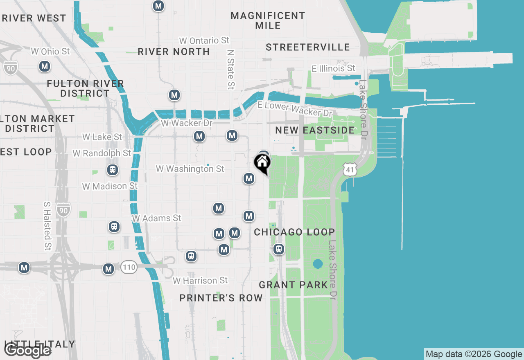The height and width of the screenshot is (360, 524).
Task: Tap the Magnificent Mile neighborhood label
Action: click(x=268, y=20)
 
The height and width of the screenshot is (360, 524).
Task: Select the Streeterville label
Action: click(x=308, y=47)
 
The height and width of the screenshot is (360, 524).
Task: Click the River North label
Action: click(x=174, y=52)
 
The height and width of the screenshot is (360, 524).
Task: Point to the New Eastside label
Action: click(x=315, y=130)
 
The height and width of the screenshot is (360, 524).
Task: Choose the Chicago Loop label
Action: click(x=294, y=232)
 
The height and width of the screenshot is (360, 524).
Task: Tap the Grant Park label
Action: click(x=294, y=285)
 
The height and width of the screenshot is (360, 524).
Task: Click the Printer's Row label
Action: click(x=221, y=298)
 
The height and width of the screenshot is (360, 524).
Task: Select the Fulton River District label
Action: click(x=85, y=88)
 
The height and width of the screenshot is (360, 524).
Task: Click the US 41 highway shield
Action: click(x=349, y=169)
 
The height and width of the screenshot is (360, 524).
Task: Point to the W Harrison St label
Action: click(x=200, y=281)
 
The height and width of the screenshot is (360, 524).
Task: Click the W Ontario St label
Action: click(x=204, y=40)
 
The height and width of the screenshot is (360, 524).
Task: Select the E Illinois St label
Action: click(x=334, y=68)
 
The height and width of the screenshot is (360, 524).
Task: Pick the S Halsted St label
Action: click(x=47, y=226)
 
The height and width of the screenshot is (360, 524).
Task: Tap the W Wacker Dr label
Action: click(x=187, y=123)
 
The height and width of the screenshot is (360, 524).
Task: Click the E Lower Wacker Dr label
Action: click(x=294, y=109)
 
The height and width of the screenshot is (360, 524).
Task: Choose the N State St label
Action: click(x=231, y=70)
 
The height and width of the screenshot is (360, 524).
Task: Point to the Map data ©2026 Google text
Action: click(x=474, y=354)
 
